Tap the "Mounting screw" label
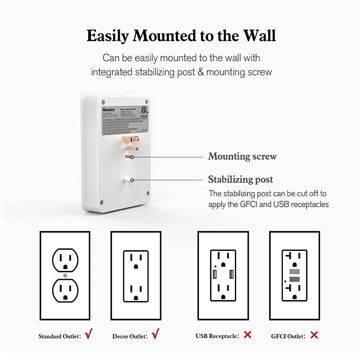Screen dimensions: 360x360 pyautogui.click(x=242, y=157)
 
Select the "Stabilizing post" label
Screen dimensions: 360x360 pyautogui.click(x=240, y=180)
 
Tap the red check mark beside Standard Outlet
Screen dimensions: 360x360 pyautogui.click(x=89, y=334)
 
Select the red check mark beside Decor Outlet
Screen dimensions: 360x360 pyautogui.click(x=156, y=334)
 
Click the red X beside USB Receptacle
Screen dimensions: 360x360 pyautogui.click(x=247, y=335)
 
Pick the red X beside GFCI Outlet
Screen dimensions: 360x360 pyautogui.click(x=314, y=335)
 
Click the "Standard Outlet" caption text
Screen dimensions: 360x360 pyautogui.click(x=58, y=336)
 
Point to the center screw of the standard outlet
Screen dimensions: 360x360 pyautogui.click(x=66, y=275)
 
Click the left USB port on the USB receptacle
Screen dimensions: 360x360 pyautogui.click(x=214, y=274)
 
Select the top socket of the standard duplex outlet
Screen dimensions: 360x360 pyautogui.click(x=66, y=259)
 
